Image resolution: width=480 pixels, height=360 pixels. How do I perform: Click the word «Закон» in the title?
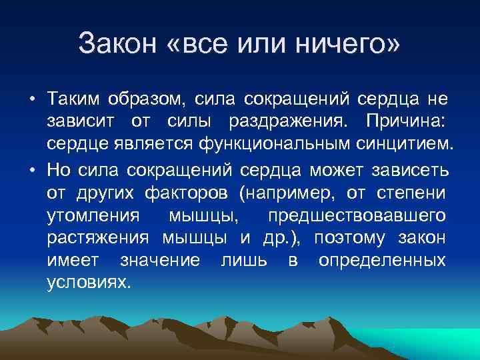pos(117,45)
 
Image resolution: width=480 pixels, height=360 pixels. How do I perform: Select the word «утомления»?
pos(93,217)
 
